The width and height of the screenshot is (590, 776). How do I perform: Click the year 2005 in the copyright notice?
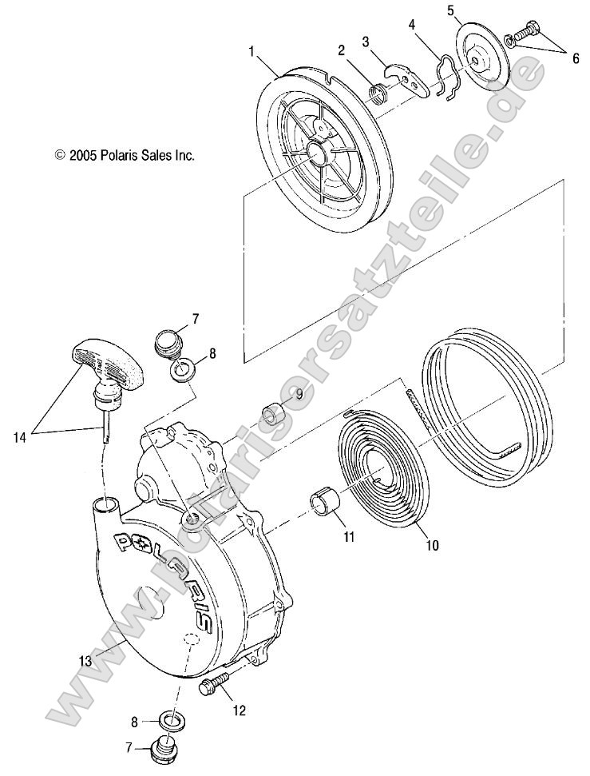pos(83,156)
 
